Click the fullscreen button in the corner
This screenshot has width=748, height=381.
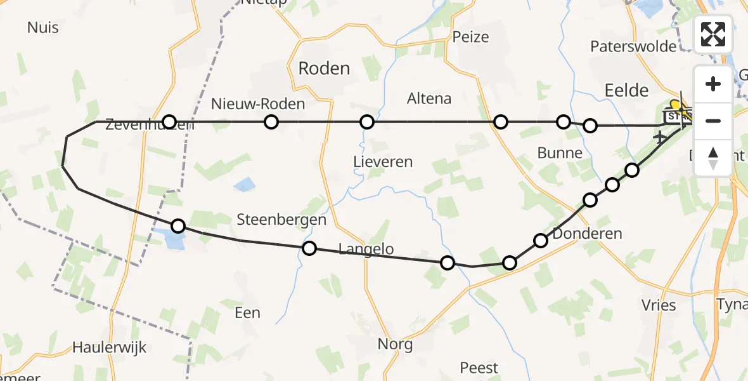point(713,34)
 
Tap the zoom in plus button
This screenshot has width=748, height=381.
point(713,84)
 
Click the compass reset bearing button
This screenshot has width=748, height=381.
point(713,158)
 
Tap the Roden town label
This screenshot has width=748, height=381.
point(324,69)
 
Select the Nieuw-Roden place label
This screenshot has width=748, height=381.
point(258,104)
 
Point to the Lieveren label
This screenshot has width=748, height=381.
point(383,162)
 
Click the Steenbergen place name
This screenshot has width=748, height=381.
point(281,220)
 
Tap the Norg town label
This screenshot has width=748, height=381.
point(395,345)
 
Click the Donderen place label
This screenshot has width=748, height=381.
point(588,234)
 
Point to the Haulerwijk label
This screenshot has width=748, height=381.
point(110,347)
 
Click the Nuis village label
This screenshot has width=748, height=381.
point(43,27)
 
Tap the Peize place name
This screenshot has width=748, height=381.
point(471,37)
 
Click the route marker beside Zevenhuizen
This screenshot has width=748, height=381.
point(169,121)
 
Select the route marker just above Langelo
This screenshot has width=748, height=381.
point(309,248)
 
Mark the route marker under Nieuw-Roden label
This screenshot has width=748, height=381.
point(271,122)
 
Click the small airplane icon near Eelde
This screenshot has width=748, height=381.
point(660,137)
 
